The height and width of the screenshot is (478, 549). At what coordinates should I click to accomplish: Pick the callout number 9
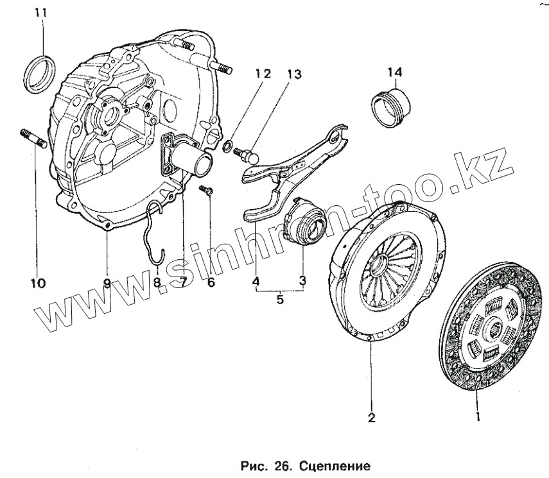[x=107, y=282]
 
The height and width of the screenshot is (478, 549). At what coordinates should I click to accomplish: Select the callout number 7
[x=182, y=282]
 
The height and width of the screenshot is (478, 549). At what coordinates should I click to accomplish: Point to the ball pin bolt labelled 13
[x=248, y=154]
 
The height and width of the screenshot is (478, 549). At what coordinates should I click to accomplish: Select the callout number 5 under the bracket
[x=280, y=300]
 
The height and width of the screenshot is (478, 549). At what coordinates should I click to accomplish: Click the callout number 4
[x=255, y=280]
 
